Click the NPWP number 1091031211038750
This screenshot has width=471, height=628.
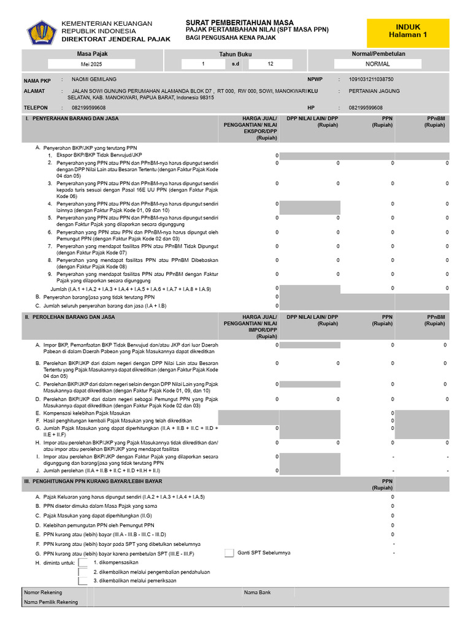371,80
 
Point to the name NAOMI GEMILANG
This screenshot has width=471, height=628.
94,80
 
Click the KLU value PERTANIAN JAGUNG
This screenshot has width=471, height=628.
374,91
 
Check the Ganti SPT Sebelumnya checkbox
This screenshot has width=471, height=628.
229,553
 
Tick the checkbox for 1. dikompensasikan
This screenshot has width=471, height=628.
83,562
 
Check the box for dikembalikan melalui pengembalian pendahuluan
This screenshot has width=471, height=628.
83,572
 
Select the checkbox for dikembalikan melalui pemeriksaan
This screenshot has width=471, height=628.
83,581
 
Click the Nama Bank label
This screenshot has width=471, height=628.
257,592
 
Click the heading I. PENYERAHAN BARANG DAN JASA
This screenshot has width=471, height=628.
72,118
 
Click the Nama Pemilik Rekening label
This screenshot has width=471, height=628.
51,602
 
